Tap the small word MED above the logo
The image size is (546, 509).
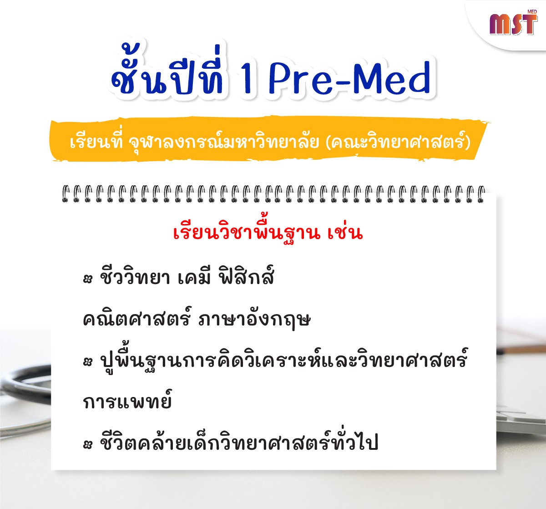[x=532, y=12]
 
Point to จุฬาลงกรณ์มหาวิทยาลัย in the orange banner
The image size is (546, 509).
[x=224, y=142]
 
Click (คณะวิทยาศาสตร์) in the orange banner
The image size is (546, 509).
[x=398, y=142]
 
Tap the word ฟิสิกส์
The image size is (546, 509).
[x=246, y=276]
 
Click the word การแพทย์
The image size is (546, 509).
[x=127, y=401]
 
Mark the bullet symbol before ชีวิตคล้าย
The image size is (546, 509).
[x=88, y=445]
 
